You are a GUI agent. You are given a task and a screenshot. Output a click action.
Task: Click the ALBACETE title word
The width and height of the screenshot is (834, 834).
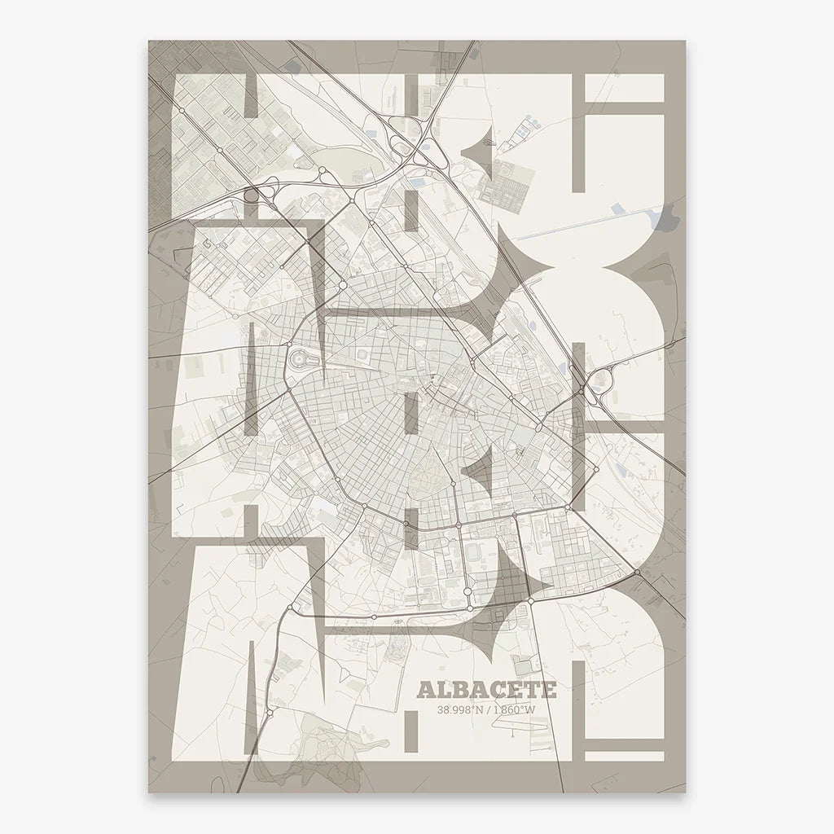coord(486,691)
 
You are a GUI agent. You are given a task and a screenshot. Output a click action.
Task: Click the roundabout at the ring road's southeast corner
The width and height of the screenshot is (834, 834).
coord(530,601)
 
